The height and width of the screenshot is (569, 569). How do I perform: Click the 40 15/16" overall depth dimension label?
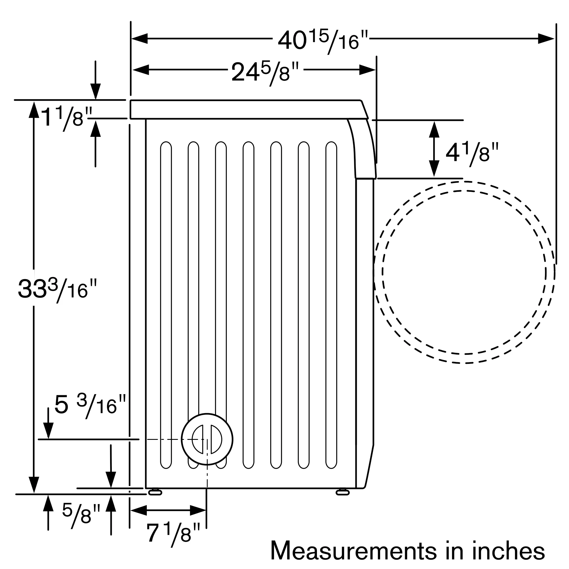click(323, 41)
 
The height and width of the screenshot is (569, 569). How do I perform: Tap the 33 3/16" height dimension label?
click(57, 290)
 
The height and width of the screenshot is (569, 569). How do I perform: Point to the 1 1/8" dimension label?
click(66, 117)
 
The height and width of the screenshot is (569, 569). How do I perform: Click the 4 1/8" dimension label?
click(472, 153)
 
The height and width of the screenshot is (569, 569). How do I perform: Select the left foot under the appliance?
click(155, 492)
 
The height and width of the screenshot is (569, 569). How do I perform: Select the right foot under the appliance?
click(343, 492)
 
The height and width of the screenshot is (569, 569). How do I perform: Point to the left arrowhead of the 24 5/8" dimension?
click(141, 70)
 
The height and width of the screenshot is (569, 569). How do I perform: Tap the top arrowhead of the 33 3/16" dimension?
click(34, 110)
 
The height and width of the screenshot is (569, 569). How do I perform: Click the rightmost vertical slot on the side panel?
click(331, 305)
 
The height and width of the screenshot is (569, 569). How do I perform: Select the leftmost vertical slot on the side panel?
click(166, 305)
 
